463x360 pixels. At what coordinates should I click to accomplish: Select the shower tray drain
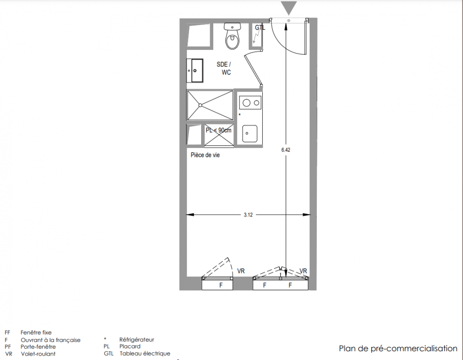click(200, 105)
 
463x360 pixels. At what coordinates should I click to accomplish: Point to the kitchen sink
click(250, 134)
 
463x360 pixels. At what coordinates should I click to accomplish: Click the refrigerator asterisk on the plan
click(239, 115)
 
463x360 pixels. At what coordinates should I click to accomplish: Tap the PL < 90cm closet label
click(219, 130)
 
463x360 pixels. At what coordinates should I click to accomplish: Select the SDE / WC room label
click(224, 68)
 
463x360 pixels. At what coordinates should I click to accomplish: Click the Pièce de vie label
click(205, 155)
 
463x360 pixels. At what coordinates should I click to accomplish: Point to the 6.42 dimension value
click(286, 150)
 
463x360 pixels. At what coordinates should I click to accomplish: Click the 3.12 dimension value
click(248, 215)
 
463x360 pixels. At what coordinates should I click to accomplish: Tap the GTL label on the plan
click(260, 27)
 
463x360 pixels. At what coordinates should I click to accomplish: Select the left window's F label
click(221, 285)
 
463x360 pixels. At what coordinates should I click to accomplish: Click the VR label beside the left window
click(241, 271)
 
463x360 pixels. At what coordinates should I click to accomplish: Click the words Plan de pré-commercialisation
click(398, 349)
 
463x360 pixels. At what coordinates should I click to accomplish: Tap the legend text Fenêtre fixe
click(36, 333)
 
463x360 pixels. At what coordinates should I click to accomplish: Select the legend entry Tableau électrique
click(145, 354)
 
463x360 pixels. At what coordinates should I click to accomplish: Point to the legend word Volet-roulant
click(38, 354)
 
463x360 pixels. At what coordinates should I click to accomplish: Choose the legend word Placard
click(130, 346)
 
